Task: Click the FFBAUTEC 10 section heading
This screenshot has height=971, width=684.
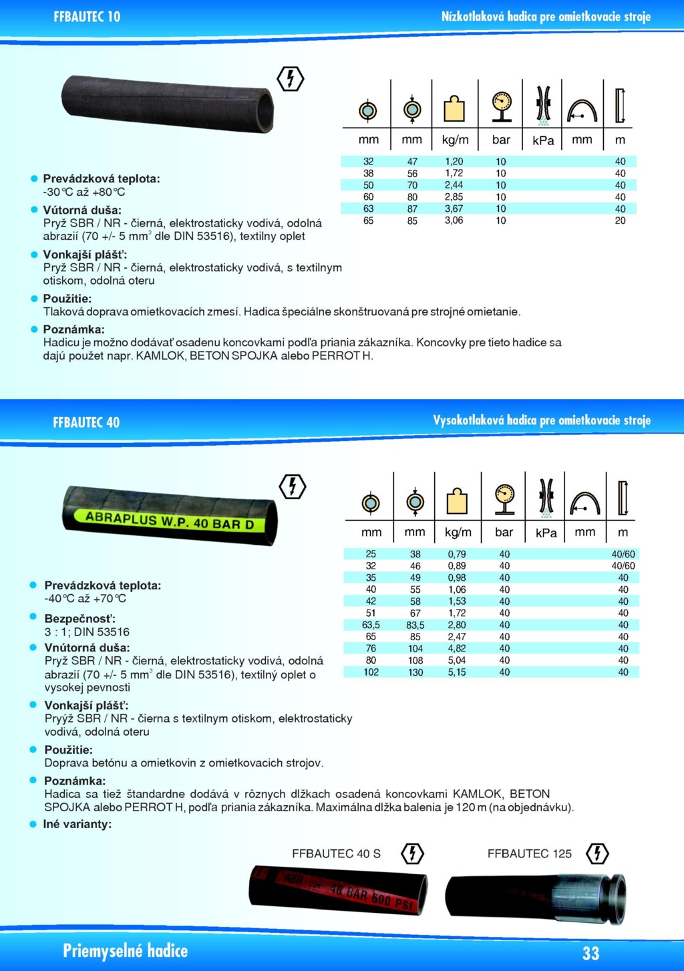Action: (x=87, y=17)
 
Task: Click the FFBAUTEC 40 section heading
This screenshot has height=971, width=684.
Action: (x=86, y=422)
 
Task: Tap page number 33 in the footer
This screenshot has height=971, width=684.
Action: (x=590, y=952)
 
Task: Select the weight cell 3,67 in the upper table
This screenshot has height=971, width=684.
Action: (x=454, y=209)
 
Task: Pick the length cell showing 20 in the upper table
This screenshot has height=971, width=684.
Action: (x=620, y=221)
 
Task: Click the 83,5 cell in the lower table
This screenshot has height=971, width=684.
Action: (x=415, y=625)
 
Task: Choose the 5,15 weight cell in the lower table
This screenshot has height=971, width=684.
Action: (x=457, y=672)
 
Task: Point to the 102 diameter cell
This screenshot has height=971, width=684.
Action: (x=371, y=672)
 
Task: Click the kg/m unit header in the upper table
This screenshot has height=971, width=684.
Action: (x=455, y=140)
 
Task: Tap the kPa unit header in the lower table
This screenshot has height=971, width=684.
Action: (x=546, y=533)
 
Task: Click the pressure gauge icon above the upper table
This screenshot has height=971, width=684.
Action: (x=501, y=106)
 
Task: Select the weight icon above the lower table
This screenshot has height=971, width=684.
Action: (x=457, y=501)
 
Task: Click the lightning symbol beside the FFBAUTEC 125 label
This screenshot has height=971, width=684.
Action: (x=596, y=853)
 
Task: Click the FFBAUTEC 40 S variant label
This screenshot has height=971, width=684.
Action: (x=336, y=853)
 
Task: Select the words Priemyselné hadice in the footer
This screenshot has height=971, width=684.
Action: (x=125, y=951)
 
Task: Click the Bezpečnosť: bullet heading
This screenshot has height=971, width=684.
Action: (x=79, y=619)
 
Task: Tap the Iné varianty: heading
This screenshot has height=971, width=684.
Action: (x=77, y=824)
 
